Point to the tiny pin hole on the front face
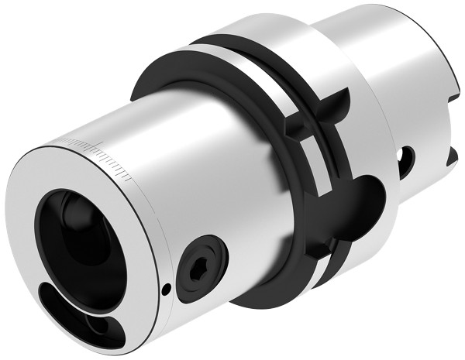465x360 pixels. coord(167,290)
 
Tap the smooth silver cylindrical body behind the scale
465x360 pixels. coord(194,170)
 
